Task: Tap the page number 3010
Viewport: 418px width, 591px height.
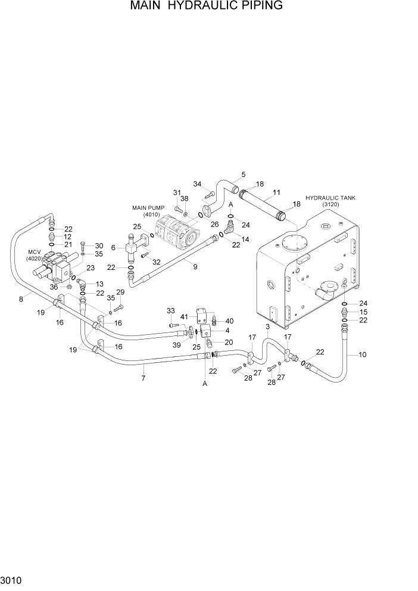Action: coord(12,579)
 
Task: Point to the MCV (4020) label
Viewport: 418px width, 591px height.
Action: coord(35,255)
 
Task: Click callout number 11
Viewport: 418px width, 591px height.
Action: coord(276,192)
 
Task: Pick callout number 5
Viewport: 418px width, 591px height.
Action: coord(243,175)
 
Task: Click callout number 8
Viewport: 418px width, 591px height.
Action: coord(21,299)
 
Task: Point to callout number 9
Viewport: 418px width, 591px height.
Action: coord(195,267)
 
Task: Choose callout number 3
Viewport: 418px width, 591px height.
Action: coord(267,327)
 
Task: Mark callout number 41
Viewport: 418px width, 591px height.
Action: coord(185,316)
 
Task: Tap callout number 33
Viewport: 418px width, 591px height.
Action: coord(171,310)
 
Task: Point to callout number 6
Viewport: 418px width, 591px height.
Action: coord(114,247)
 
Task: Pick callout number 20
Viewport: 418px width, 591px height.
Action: coord(228,342)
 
